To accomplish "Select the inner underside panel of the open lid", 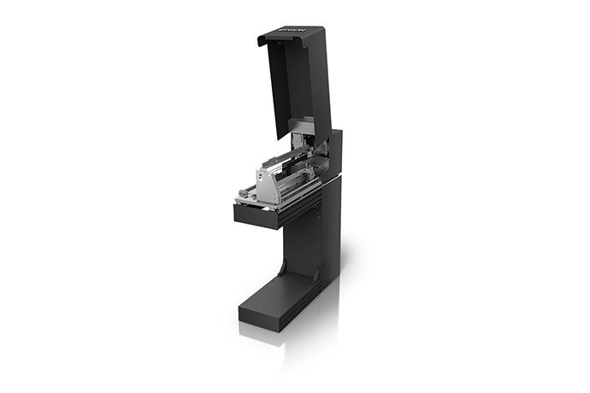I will (291, 85).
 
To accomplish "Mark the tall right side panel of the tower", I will (332, 222).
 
